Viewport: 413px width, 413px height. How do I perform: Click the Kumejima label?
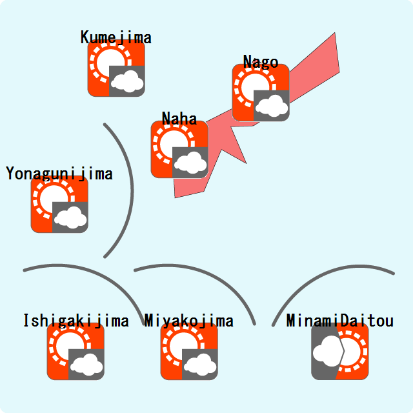tap(116, 37)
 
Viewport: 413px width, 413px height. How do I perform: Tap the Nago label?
tap(261, 62)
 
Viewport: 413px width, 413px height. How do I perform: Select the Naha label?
tap(179, 118)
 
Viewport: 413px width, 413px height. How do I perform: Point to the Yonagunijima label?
tap(59, 174)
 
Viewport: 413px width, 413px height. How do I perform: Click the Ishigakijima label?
tap(76, 321)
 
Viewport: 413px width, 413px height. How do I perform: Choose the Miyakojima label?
tap(189, 321)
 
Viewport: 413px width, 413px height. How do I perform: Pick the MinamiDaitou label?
tap(340, 321)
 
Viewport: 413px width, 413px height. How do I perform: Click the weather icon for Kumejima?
tap(116, 68)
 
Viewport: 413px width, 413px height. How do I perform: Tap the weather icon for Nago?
tap(261, 93)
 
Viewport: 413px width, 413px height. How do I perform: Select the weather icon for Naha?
tap(179, 149)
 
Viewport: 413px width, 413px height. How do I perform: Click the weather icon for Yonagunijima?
tap(59, 205)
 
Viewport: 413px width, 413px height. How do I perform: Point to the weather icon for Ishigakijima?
tap(76, 352)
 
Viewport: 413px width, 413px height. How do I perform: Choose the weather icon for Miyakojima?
tap(189, 352)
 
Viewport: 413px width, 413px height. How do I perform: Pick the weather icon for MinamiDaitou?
tap(340, 352)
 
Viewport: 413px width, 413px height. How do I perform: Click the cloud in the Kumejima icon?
tap(127, 81)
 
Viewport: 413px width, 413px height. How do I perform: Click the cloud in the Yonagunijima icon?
tap(70, 217)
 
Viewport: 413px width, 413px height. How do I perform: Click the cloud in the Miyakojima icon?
tap(200, 365)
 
